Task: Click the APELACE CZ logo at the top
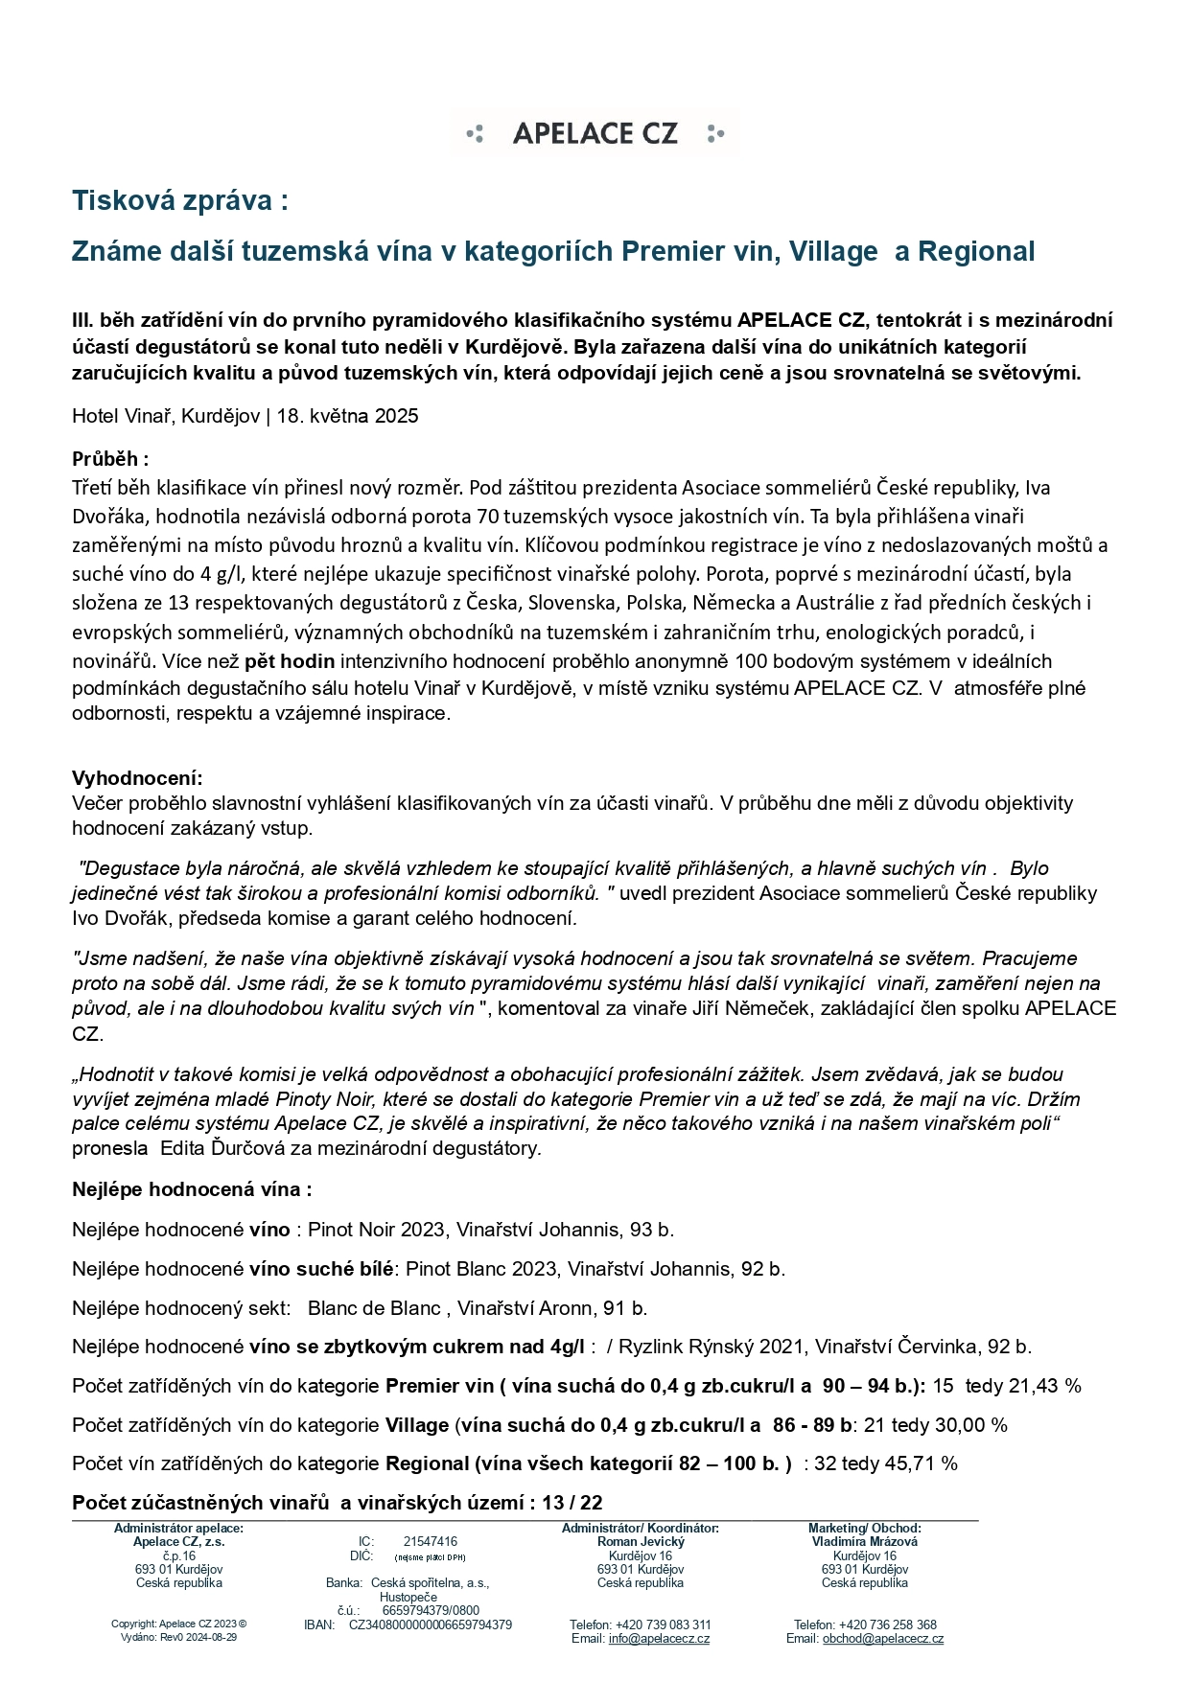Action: pyautogui.click(x=595, y=133)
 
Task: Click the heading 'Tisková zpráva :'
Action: pyautogui.click(x=180, y=201)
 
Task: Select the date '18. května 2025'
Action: pyautogui.click(x=347, y=416)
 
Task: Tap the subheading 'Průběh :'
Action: pyautogui.click(x=110, y=459)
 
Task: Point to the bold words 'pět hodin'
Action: pyautogui.click(x=290, y=661)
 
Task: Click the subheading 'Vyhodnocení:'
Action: pyautogui.click(x=137, y=777)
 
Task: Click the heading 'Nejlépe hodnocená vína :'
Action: pyautogui.click(x=192, y=1189)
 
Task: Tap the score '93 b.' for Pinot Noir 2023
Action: pyautogui.click(x=652, y=1230)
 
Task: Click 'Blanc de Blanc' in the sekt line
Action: pyautogui.click(x=374, y=1308)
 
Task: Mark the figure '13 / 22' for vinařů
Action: pyautogui.click(x=572, y=1503)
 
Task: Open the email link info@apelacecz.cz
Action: pyautogui.click(x=659, y=1638)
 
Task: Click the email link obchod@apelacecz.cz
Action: pyautogui.click(x=882, y=1638)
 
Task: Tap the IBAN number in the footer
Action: pyautogui.click(x=431, y=1624)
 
